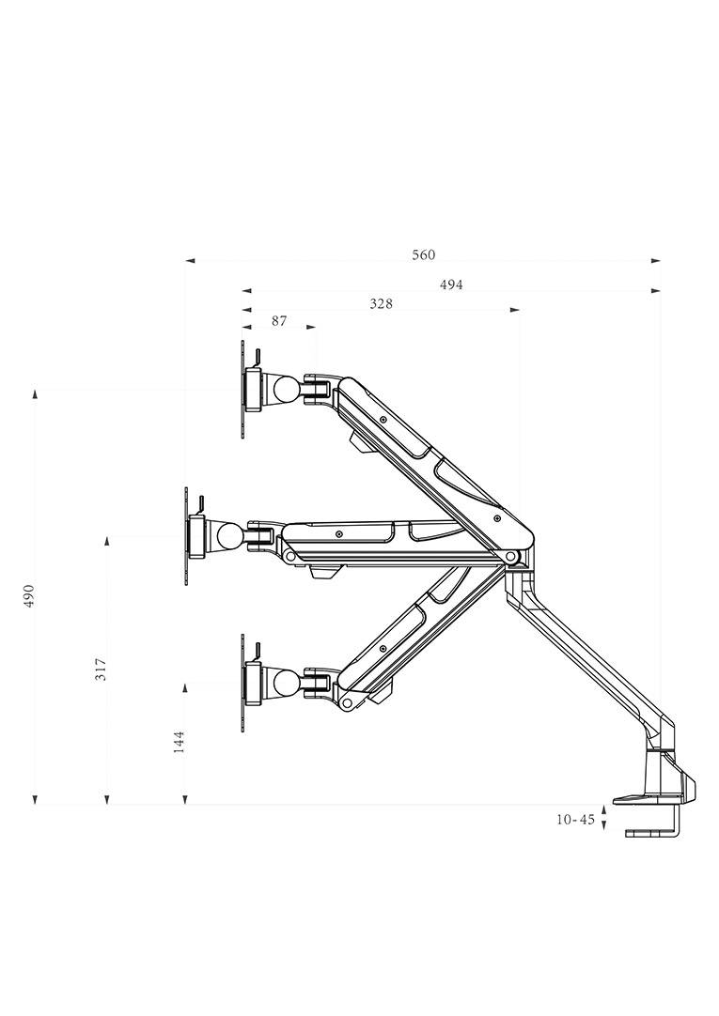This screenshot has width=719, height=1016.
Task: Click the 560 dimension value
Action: pos(423,255)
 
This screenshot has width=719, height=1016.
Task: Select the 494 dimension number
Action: pos(451,285)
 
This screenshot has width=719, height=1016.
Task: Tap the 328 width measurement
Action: pos(381,303)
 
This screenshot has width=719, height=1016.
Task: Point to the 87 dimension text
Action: pos(279,321)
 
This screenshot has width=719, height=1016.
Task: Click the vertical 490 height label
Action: pos(29,595)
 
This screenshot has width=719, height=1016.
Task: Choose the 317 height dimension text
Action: pos(102,669)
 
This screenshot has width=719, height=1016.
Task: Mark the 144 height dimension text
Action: pos(180,742)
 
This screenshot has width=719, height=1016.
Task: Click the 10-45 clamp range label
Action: pos(575,820)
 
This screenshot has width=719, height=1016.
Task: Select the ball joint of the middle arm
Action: pos(228,536)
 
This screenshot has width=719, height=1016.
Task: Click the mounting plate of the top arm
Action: pos(243,389)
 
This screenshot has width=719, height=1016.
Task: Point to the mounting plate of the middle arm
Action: pos(187,536)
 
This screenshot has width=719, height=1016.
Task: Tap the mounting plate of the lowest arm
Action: pos(243,683)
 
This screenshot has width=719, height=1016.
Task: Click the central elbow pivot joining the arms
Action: pos(512,558)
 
